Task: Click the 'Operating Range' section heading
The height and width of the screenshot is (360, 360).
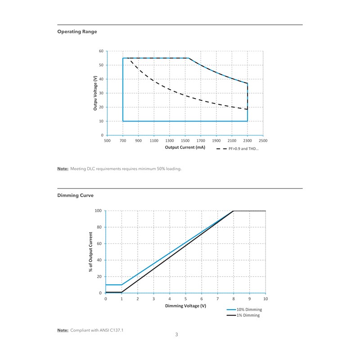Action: (77, 31)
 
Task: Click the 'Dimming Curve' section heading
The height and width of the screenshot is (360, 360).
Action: (76, 195)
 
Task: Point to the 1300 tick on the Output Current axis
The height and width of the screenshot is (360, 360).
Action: (170, 141)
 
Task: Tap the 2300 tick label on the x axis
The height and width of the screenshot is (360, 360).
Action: (247, 141)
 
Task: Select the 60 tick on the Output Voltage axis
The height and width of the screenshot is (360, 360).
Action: (101, 51)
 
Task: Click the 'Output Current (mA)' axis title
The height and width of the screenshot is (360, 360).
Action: (185, 147)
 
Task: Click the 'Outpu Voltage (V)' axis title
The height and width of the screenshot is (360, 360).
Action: (95, 93)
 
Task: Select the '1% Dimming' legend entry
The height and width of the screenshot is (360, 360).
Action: (248, 315)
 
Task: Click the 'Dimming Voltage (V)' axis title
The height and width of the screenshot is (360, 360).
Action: (185, 306)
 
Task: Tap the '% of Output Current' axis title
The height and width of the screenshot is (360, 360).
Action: (91, 252)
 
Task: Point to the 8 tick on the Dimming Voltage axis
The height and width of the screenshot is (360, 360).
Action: (234, 299)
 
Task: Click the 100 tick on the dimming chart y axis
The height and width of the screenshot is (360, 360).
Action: (98, 211)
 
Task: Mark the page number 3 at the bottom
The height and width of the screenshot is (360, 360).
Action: (177, 334)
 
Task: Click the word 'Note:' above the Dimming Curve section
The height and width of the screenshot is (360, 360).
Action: (63, 169)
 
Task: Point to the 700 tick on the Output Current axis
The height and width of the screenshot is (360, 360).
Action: (123, 141)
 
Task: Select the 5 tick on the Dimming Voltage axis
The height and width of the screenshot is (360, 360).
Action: (185, 299)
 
